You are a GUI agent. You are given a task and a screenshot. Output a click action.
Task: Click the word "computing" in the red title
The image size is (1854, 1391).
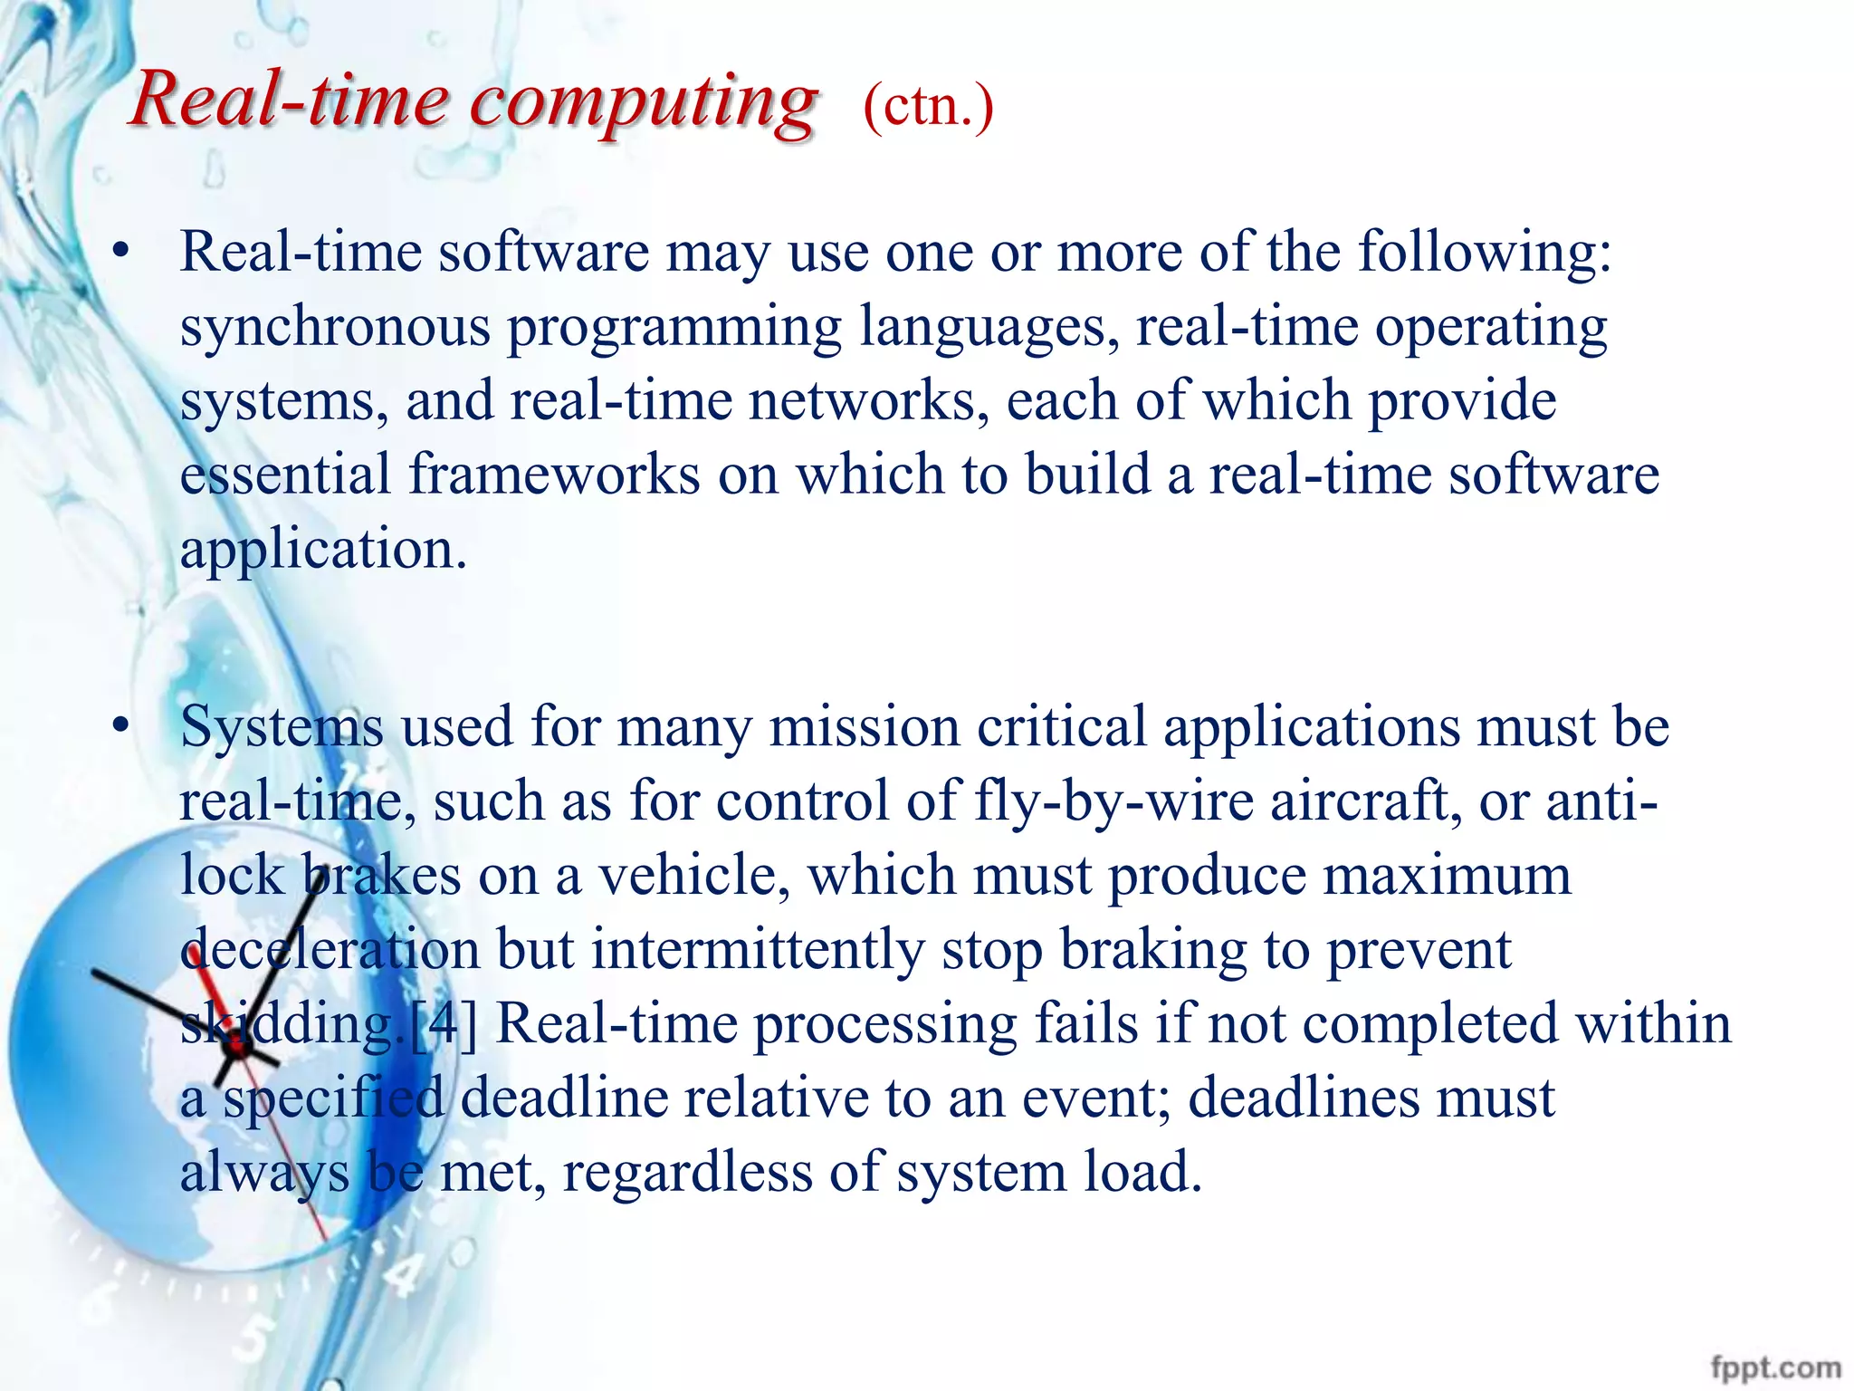(x=644, y=101)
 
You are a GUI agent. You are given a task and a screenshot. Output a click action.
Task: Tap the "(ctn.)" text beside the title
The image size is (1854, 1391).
(x=928, y=107)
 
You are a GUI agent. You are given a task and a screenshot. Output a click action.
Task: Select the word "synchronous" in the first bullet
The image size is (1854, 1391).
(x=335, y=327)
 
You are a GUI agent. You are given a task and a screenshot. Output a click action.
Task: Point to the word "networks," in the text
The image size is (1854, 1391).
(x=869, y=400)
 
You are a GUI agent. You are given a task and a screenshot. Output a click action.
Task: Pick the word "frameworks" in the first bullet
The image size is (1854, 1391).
(x=554, y=475)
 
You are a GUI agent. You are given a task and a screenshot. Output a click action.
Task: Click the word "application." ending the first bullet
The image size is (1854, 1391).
(x=323, y=550)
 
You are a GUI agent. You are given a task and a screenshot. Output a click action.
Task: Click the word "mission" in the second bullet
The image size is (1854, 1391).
(x=865, y=727)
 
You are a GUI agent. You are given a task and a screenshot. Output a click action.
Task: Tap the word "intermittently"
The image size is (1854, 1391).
(x=758, y=950)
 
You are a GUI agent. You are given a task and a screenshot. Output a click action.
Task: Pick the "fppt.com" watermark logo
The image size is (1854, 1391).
(x=1775, y=1367)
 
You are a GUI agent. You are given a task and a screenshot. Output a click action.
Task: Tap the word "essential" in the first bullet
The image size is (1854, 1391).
(x=285, y=475)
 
